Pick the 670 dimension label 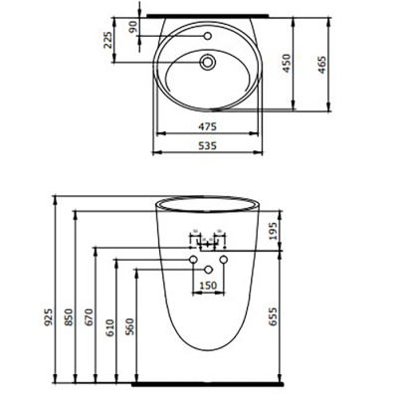click(x=90, y=317)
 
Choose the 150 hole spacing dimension click(x=208, y=286)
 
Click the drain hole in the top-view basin click(x=208, y=62)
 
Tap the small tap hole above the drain click(x=208, y=36)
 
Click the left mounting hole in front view click(x=193, y=259)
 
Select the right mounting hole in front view click(x=224, y=259)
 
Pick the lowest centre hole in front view click(x=208, y=271)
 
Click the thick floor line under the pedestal click(x=207, y=383)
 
